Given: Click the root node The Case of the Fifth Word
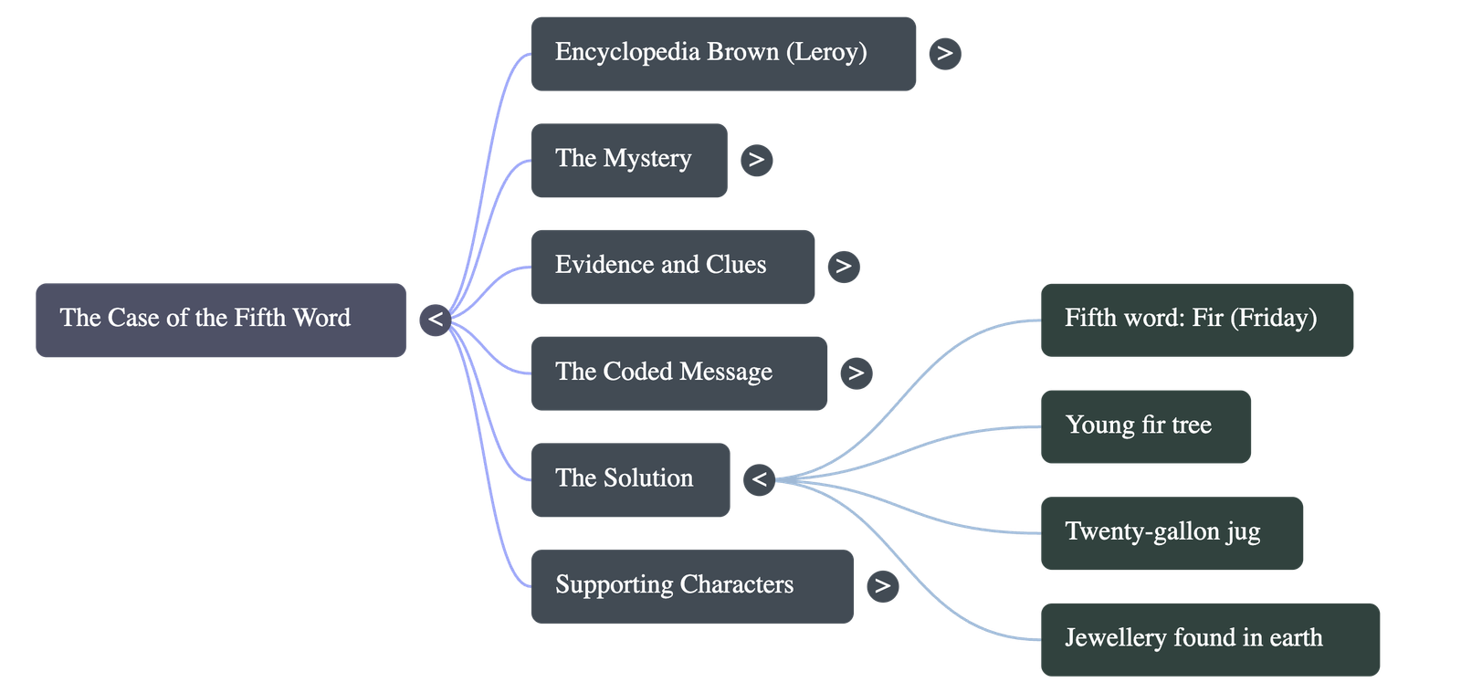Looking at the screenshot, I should (220, 320).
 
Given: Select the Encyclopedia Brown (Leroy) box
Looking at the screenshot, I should (723, 53).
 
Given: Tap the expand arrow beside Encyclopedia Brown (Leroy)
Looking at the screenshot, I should (945, 54).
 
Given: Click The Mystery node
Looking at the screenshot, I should (628, 160).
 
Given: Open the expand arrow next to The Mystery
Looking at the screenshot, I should (756, 160).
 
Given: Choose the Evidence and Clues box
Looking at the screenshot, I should (672, 267).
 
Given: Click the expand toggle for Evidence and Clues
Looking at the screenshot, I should (844, 267).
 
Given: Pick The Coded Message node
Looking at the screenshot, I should (678, 373).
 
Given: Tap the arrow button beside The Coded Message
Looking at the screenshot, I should (857, 373).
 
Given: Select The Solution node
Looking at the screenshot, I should (630, 479).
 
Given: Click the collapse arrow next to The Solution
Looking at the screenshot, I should (759, 479).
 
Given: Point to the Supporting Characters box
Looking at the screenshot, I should (691, 586).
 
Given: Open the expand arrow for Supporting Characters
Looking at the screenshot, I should (882, 585).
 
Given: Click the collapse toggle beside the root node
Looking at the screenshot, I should (436, 320).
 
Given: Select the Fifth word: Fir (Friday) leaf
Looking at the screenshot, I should (1196, 320).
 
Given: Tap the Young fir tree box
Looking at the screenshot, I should (1145, 426).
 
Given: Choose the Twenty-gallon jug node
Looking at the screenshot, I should (1172, 532).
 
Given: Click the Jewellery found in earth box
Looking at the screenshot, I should (1210, 638).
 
